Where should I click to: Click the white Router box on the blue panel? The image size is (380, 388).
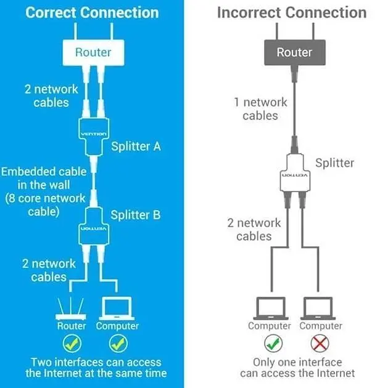(x=93, y=52)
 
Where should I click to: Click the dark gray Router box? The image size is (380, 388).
(x=295, y=52)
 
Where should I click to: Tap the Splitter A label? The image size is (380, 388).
(x=136, y=146)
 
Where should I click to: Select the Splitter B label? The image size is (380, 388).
(x=136, y=215)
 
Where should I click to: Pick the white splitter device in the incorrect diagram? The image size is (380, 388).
(x=295, y=172)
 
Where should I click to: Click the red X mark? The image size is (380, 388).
(x=320, y=343)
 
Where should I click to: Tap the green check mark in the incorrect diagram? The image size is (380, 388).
(x=273, y=343)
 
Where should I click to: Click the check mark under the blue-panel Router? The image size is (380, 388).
(x=72, y=343)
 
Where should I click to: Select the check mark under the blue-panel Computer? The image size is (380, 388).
(x=118, y=343)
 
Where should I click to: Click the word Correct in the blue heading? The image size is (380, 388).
(x=51, y=12)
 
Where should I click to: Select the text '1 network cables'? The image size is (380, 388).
(x=260, y=109)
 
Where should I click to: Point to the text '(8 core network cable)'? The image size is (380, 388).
(x=45, y=205)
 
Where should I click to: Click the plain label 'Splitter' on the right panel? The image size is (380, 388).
(x=334, y=163)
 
